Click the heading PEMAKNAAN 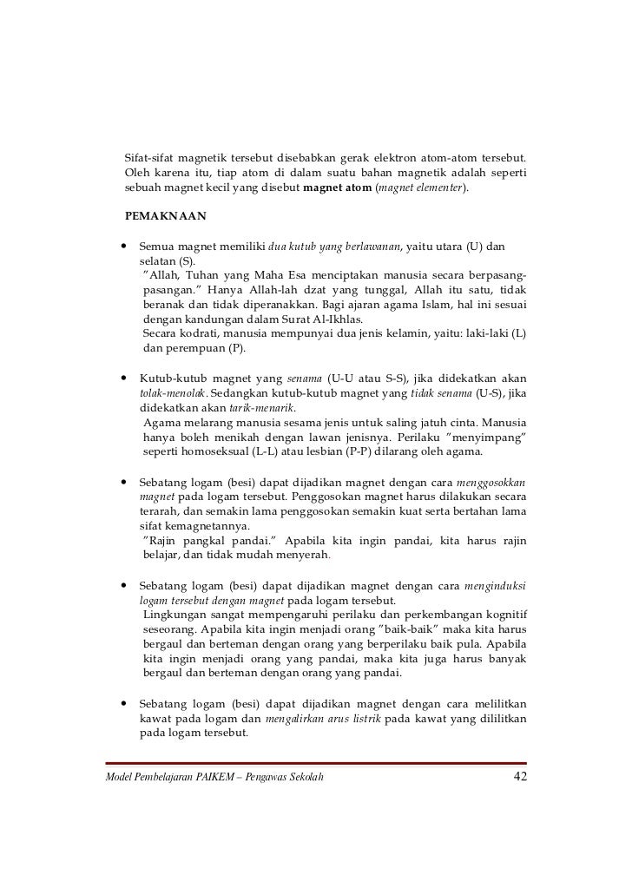pos(165,214)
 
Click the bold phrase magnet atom pos(337,187)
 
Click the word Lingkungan pos(178,615)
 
